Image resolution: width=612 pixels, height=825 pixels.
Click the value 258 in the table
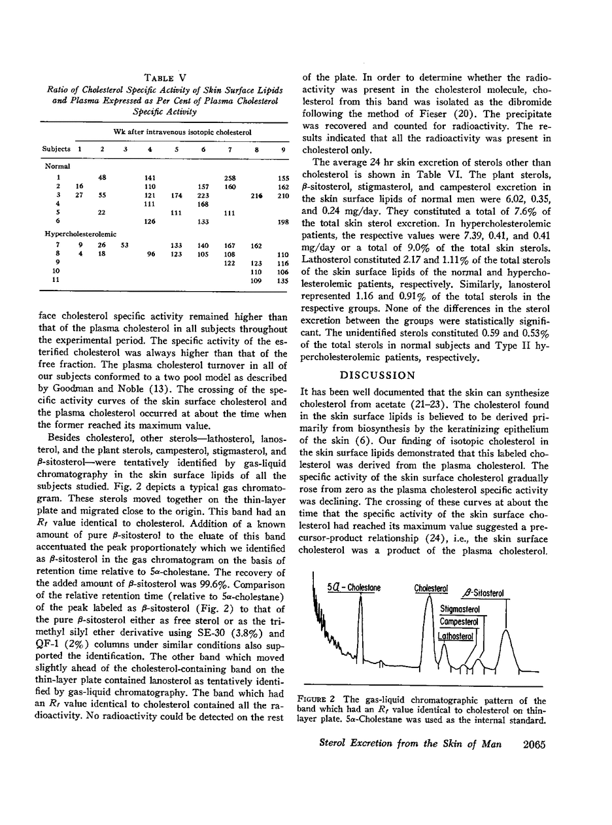(x=230, y=177)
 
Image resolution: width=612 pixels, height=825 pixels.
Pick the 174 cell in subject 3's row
(x=177, y=196)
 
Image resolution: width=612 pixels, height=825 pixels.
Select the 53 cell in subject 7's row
(x=125, y=245)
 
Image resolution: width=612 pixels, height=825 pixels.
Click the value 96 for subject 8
(x=151, y=255)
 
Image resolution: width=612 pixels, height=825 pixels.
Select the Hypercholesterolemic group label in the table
(x=80, y=234)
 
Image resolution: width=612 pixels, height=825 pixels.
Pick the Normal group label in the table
(x=58, y=166)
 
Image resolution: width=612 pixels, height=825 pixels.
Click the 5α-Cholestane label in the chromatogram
(x=354, y=588)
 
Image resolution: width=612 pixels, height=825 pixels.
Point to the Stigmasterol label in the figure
(x=460, y=609)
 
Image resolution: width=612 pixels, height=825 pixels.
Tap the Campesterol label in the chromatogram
(x=458, y=622)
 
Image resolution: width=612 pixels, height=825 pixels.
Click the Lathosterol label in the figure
(x=456, y=635)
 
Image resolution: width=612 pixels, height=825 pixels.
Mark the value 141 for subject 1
(x=150, y=177)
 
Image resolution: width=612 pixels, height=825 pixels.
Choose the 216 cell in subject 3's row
(x=256, y=196)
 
